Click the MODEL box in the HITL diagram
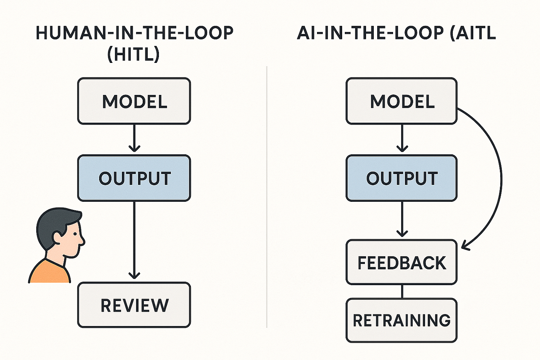[134, 101]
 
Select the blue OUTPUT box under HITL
[134, 178]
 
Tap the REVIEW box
[134, 305]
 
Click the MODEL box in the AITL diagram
[402, 101]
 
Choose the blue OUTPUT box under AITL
[402, 178]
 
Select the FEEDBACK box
[402, 262]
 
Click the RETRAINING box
[402, 320]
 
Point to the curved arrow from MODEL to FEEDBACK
[501, 177]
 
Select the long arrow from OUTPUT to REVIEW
[134, 239]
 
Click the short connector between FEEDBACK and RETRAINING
[402, 291]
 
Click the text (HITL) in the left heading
[133, 54]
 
